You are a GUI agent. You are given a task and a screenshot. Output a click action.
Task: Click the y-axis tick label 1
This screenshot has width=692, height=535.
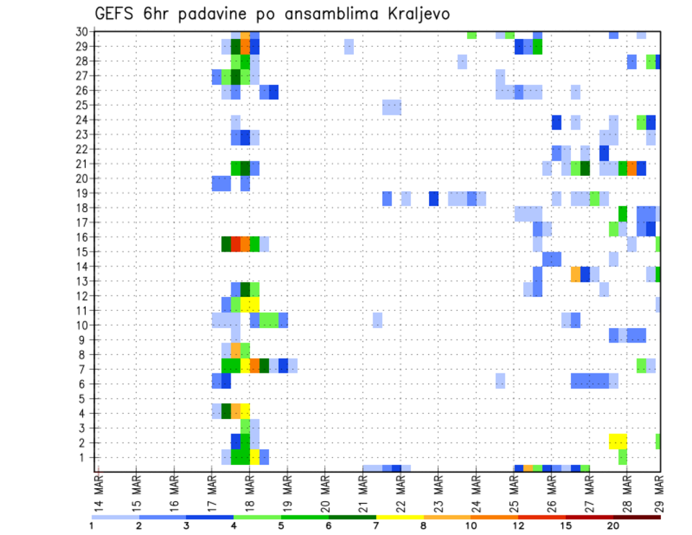[x=84, y=457]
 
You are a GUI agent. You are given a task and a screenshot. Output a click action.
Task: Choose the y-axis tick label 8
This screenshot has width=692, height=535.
[x=84, y=354]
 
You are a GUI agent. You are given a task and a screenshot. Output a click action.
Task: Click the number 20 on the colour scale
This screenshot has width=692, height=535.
[x=613, y=526]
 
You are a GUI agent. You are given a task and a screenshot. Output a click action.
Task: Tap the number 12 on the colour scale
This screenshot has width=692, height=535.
[x=518, y=526]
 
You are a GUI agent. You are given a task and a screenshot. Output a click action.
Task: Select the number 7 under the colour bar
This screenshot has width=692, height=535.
[x=376, y=526]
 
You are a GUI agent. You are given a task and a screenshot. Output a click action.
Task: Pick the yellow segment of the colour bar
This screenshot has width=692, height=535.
[x=399, y=516]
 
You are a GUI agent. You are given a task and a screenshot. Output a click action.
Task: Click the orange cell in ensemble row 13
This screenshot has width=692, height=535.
[x=575, y=274]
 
